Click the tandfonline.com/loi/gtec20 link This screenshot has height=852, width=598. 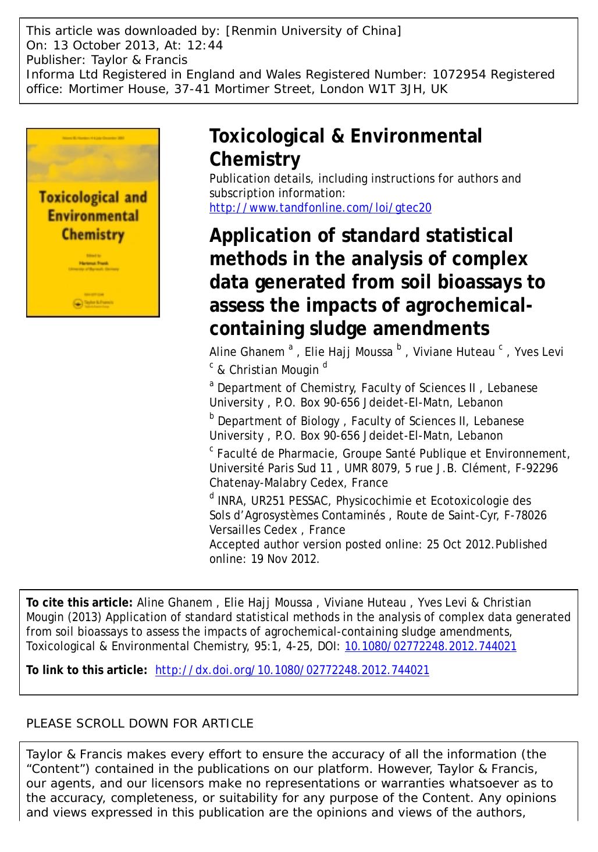(x=320, y=208)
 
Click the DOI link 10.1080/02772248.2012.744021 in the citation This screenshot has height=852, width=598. (x=430, y=646)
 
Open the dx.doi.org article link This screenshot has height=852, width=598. (x=293, y=670)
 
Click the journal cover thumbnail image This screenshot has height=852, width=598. (x=93, y=223)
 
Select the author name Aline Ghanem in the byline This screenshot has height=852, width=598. (x=247, y=352)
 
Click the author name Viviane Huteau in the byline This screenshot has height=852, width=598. (x=454, y=352)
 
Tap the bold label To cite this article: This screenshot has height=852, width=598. (x=80, y=603)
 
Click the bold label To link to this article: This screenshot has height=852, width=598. (x=87, y=670)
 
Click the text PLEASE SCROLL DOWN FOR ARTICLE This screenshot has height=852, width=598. (x=140, y=723)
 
